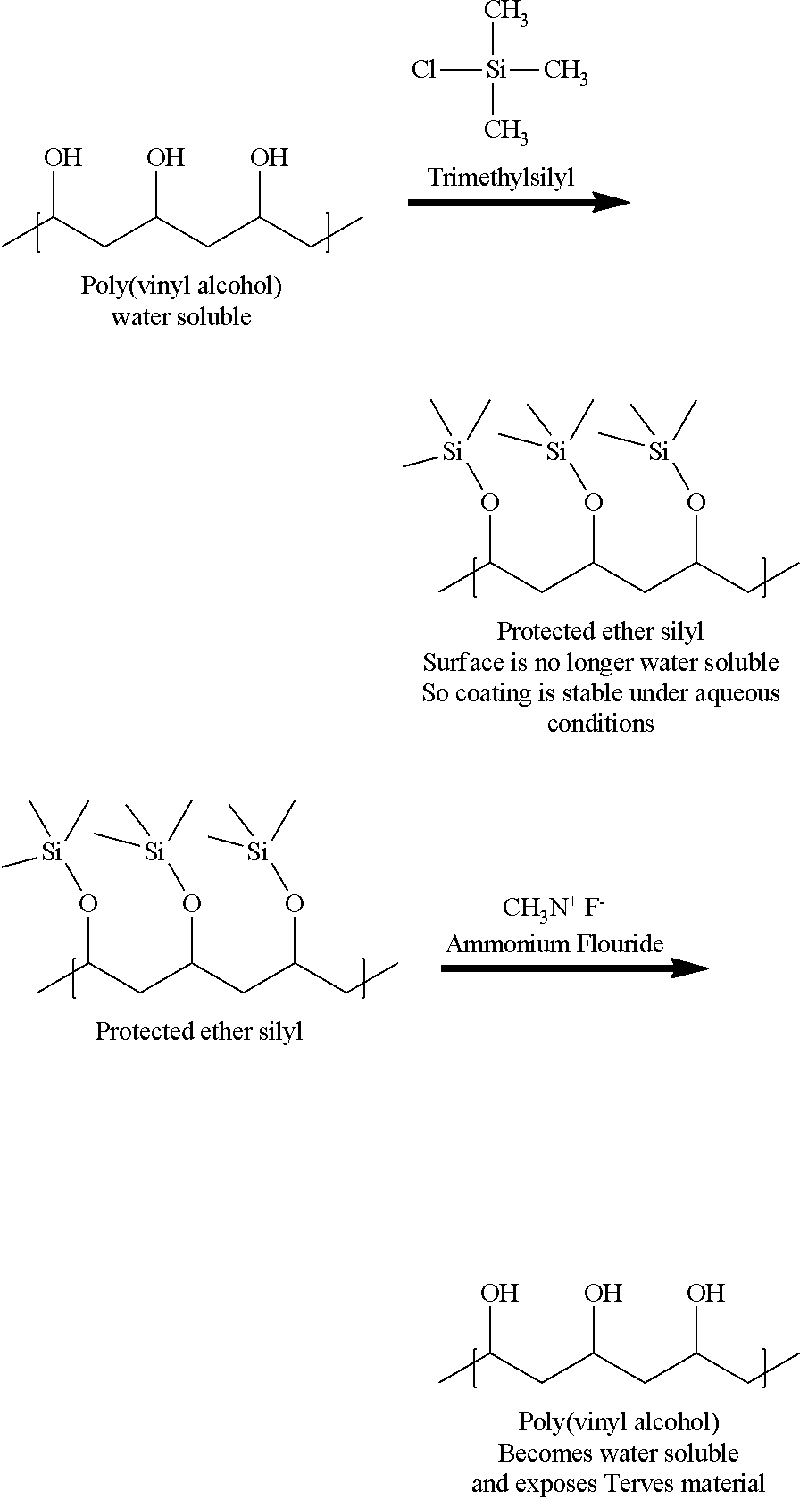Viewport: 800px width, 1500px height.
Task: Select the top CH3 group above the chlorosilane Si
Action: pos(505,13)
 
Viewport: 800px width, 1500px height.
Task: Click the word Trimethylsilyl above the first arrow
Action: pos(501,178)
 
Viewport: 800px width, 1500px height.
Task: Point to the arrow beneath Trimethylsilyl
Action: pos(519,202)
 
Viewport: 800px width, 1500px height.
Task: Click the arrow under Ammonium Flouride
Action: pos(575,968)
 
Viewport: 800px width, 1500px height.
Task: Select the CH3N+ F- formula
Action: pos(554,908)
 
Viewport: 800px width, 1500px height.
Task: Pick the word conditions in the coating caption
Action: pos(601,724)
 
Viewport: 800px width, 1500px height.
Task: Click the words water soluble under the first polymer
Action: pos(181,316)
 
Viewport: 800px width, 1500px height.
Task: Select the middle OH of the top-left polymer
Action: pos(165,157)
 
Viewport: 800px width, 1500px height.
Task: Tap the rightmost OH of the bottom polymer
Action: pos(705,1292)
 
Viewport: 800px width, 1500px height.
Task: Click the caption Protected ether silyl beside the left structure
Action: pos(199,1031)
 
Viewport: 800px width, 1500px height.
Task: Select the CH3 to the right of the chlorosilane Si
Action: pos(566,71)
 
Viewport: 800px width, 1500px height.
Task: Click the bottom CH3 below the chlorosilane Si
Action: pos(505,130)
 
